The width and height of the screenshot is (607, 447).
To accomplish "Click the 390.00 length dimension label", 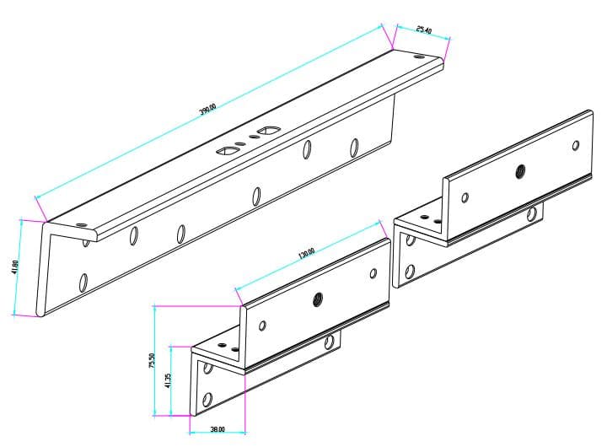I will [207, 110].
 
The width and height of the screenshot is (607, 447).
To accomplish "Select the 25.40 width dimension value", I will [423, 30].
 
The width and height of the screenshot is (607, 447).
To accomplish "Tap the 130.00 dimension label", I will [306, 252].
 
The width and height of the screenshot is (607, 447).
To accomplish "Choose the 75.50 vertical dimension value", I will [152, 360].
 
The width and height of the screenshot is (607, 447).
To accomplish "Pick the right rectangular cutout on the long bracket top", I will [270, 131].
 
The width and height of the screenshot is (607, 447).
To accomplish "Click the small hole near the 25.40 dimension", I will [421, 57].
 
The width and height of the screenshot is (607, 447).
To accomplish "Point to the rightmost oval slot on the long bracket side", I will [354, 148].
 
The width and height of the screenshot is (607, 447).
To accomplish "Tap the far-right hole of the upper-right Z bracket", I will [576, 144].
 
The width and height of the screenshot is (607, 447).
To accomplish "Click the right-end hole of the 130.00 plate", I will [373, 273].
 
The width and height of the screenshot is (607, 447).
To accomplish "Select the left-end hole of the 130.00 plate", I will [262, 325].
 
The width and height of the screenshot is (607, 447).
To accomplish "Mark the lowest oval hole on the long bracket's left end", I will [83, 281].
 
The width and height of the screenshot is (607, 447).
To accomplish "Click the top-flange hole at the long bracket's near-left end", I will [81, 225].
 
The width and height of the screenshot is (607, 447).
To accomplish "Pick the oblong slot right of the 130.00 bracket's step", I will [330, 342].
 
